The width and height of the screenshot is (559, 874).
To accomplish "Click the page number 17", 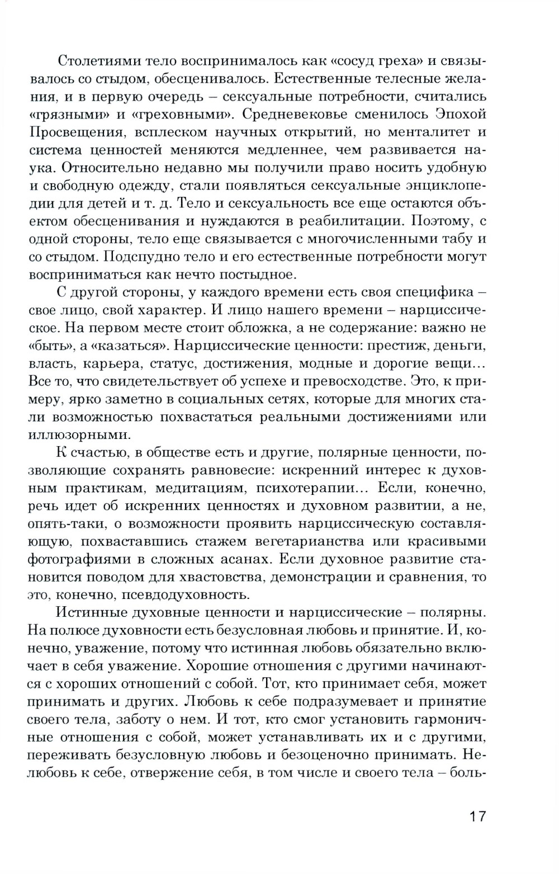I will (478, 816).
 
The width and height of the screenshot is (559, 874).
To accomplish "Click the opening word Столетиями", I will (97, 60).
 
